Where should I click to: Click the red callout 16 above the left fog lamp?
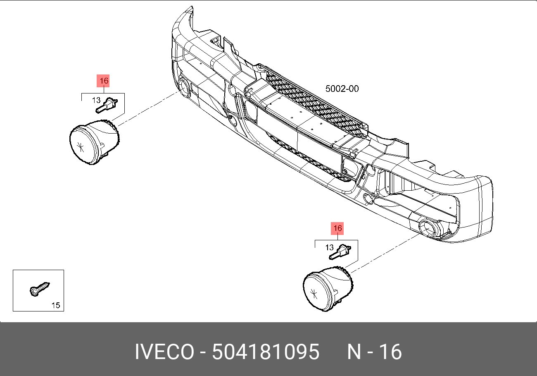(104, 81)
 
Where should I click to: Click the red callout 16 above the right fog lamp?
(337, 228)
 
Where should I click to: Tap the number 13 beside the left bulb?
(96, 100)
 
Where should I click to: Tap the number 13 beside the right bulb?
(329, 247)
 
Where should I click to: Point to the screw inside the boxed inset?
(40, 288)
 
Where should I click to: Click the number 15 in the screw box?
(55, 306)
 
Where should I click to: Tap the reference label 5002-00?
(342, 89)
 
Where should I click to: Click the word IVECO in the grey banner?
(164, 352)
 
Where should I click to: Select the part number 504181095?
(266, 352)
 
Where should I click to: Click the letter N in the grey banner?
(354, 352)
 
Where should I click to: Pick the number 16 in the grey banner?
(390, 352)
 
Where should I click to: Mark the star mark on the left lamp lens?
(81, 146)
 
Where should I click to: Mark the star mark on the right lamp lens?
(315, 293)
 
